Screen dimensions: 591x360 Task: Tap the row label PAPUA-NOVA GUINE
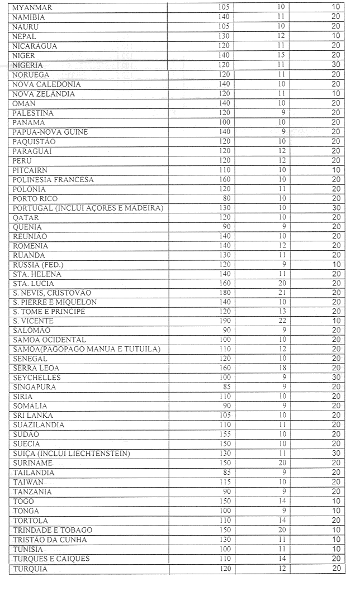50,132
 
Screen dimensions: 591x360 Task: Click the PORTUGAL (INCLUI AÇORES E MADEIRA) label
88,208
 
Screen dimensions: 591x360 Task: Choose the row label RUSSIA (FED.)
38,265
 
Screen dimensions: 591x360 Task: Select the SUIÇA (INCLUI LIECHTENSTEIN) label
71,454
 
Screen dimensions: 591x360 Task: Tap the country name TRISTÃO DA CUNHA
50,540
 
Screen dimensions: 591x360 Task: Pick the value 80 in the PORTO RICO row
226,198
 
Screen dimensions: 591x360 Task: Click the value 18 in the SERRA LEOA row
282,368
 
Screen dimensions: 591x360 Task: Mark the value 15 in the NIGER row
282,55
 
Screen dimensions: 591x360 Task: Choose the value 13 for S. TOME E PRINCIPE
282,312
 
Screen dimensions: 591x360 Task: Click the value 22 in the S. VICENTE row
282,321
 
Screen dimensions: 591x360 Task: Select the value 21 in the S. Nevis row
282,293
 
